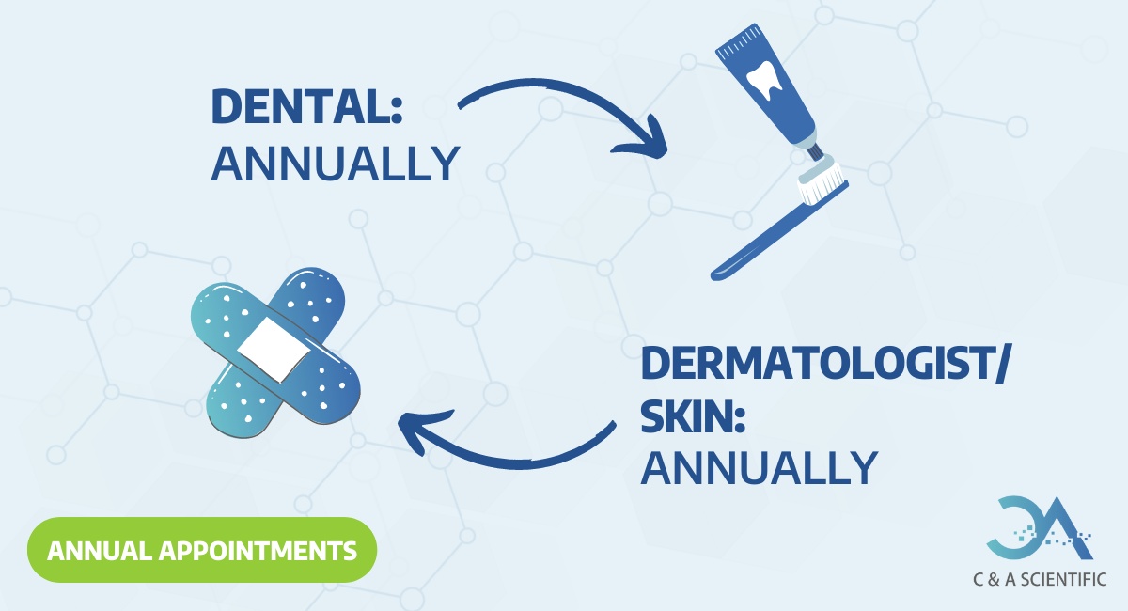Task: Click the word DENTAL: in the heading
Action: [x=306, y=106]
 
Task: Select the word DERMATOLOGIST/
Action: [x=823, y=364]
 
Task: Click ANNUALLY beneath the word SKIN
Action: [x=760, y=467]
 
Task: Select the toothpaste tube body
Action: [x=771, y=85]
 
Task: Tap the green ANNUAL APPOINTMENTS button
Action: [x=201, y=549]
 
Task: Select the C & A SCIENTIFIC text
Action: [x=1039, y=580]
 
